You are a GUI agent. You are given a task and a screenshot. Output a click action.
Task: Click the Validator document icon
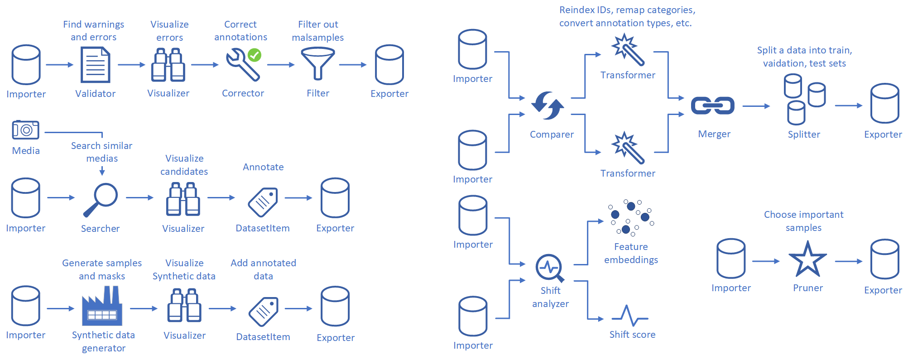click(x=95, y=65)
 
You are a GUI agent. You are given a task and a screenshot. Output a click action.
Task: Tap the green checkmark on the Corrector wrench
click(x=255, y=55)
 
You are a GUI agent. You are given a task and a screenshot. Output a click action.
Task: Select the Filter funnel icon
click(x=318, y=64)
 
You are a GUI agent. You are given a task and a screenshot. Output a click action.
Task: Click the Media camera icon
click(x=26, y=130)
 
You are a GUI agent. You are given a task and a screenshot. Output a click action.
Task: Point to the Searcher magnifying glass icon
click(x=101, y=200)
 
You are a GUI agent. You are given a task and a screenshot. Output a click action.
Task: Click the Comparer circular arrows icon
click(x=548, y=106)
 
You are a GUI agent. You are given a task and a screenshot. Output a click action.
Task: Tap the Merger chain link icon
click(x=712, y=106)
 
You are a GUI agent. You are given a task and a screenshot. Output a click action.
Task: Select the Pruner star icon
click(x=807, y=259)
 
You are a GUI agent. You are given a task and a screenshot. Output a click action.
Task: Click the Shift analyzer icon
click(x=550, y=268)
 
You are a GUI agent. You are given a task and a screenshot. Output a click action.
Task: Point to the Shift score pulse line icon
click(x=630, y=316)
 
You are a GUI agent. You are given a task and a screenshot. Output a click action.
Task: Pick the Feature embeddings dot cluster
click(x=631, y=218)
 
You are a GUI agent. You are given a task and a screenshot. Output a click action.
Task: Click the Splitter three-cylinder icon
click(x=804, y=100)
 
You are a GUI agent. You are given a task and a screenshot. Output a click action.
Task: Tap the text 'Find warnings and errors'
click(x=94, y=31)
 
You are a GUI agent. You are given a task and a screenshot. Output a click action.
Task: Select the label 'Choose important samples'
click(x=803, y=221)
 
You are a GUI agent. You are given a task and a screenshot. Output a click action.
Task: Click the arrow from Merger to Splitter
click(x=756, y=106)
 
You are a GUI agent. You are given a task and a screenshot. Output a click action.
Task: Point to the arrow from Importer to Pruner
click(x=765, y=261)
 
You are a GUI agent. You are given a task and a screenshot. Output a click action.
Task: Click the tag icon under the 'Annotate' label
click(x=263, y=202)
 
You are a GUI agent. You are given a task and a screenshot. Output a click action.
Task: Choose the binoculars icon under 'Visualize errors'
click(x=168, y=65)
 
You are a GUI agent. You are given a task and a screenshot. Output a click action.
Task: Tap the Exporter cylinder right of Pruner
click(x=884, y=259)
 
